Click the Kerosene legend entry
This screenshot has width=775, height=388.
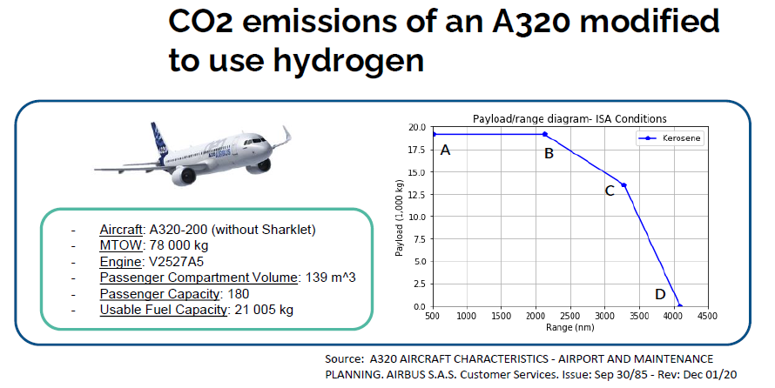670,138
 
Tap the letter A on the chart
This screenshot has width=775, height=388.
445,150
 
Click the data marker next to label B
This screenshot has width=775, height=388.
544,134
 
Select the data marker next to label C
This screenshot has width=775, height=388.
623,185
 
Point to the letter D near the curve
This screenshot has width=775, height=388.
660,294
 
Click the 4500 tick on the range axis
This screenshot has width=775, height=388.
707,316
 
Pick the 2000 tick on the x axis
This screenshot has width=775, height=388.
536,316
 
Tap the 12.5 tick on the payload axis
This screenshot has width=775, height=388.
416,195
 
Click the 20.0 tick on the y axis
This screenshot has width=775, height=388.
416,127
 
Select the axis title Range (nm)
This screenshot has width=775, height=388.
569,327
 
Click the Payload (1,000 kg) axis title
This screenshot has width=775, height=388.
400,217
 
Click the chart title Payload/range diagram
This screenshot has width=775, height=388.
569,119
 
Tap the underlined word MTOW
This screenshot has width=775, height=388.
120,246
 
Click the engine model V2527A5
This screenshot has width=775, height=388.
177,262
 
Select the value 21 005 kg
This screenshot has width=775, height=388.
264,310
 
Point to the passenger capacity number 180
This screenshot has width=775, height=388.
239,294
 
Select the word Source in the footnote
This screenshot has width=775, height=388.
341,359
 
